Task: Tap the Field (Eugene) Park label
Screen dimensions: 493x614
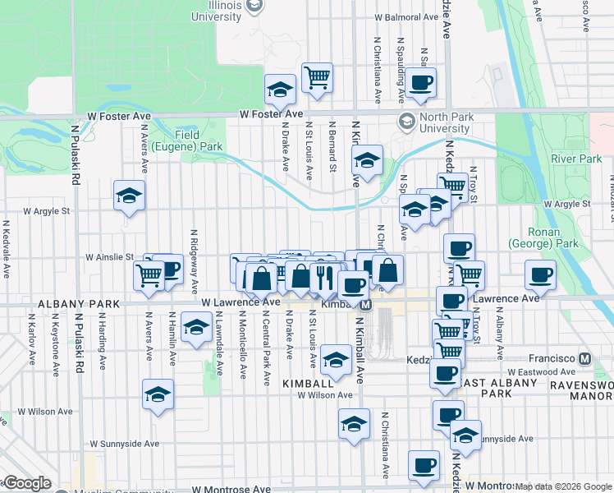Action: (199, 141)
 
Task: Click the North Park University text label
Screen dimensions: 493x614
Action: (446, 122)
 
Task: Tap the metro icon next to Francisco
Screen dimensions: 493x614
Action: (584, 359)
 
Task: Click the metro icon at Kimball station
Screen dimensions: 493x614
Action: (366, 304)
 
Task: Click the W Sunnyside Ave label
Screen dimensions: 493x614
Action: (122, 443)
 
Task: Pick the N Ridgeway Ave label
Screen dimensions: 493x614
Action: (195, 262)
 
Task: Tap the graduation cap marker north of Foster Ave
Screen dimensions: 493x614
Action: (280, 89)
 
